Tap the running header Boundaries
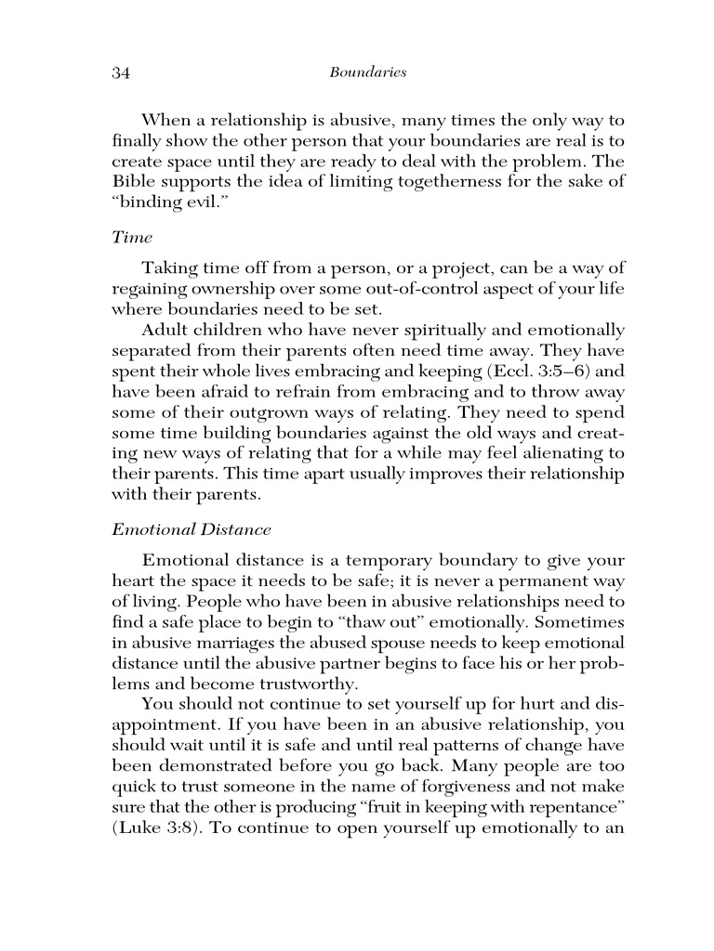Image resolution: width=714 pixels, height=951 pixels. click(x=368, y=72)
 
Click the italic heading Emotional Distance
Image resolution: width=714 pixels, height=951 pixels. click(x=192, y=529)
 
